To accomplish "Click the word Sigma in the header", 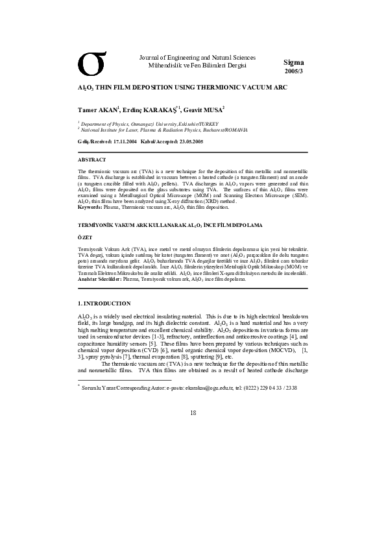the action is tap(293, 62).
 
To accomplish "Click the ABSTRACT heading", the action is tap(91, 159).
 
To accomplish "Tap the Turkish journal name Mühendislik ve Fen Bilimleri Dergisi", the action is tap(198, 66).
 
